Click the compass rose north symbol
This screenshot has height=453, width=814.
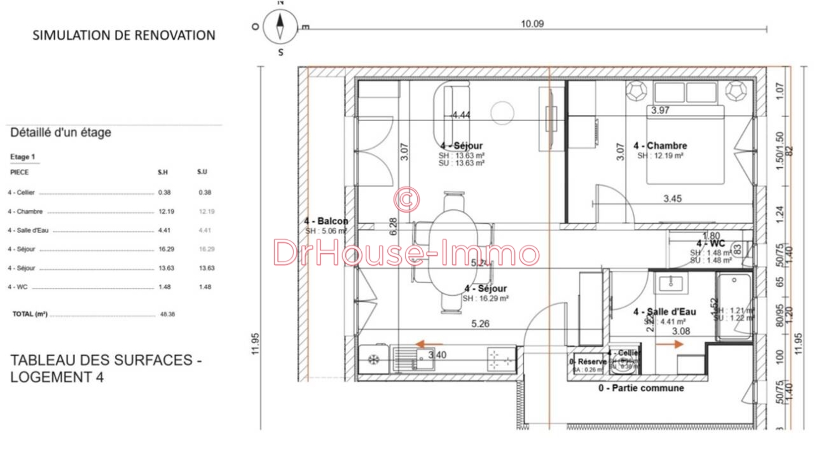(x=280, y=26)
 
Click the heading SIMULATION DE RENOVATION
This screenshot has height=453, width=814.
(x=124, y=35)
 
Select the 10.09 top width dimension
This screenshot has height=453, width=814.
(x=532, y=24)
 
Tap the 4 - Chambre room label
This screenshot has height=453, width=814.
(x=660, y=146)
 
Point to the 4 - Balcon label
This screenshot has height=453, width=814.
(x=326, y=221)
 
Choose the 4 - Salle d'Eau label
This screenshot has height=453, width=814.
(x=664, y=312)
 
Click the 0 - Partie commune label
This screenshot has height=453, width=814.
(x=641, y=388)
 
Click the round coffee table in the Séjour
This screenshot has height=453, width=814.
(x=502, y=112)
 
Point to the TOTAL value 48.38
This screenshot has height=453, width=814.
(x=167, y=314)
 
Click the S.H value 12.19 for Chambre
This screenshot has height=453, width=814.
(x=164, y=212)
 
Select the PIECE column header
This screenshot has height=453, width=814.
(x=19, y=172)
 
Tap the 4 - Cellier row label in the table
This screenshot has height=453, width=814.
(x=21, y=192)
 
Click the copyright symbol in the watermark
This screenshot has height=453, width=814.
(x=406, y=198)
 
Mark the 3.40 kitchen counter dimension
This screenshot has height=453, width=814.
(x=438, y=355)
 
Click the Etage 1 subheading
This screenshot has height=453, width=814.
(x=23, y=157)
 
